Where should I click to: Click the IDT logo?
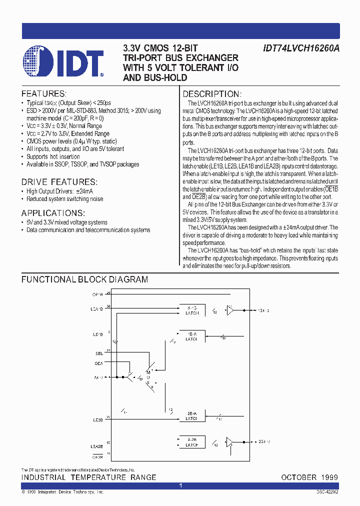63,62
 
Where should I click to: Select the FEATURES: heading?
43,93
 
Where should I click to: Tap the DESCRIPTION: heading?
212,94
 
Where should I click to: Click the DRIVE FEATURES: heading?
59,182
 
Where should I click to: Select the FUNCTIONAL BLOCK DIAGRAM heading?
84,280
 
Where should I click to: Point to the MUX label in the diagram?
148,378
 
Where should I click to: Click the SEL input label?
99,353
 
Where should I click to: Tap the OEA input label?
98,363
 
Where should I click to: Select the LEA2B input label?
96,446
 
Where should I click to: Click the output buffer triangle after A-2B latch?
229,442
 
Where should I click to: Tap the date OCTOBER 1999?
309,477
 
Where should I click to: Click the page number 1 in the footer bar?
180,485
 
